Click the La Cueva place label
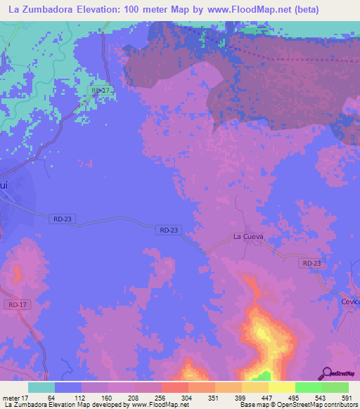pos(248,237)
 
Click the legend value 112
pos(82,397)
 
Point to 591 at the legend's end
pos(347,397)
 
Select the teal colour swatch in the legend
pos(41,387)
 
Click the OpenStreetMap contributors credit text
pos(317,405)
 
